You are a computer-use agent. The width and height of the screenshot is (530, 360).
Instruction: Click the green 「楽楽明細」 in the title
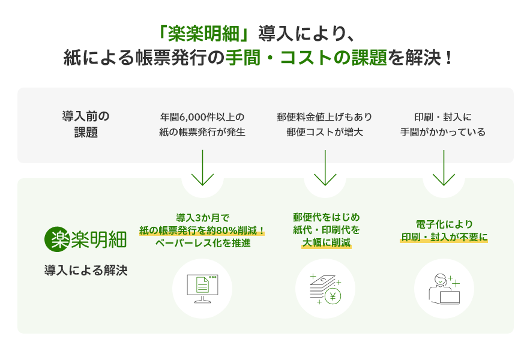coord(204,32)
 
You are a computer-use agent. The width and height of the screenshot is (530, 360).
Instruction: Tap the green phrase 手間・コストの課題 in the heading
coord(306,59)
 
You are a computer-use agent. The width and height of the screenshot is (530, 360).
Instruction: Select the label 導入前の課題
coord(85,124)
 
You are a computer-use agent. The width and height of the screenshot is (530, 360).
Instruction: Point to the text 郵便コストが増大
coord(324,132)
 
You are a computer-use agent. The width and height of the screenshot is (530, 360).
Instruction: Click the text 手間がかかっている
coord(443,132)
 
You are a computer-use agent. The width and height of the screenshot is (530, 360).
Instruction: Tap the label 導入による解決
coord(85,270)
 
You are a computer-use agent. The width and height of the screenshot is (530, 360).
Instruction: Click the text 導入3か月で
coord(202,217)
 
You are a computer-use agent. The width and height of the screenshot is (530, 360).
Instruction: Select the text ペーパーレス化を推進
coord(202,244)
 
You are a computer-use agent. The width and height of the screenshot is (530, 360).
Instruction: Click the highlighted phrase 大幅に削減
coord(326,243)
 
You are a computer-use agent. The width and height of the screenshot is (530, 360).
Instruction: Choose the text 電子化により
coord(444,224)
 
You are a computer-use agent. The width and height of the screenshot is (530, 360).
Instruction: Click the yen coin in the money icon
coord(332,295)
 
